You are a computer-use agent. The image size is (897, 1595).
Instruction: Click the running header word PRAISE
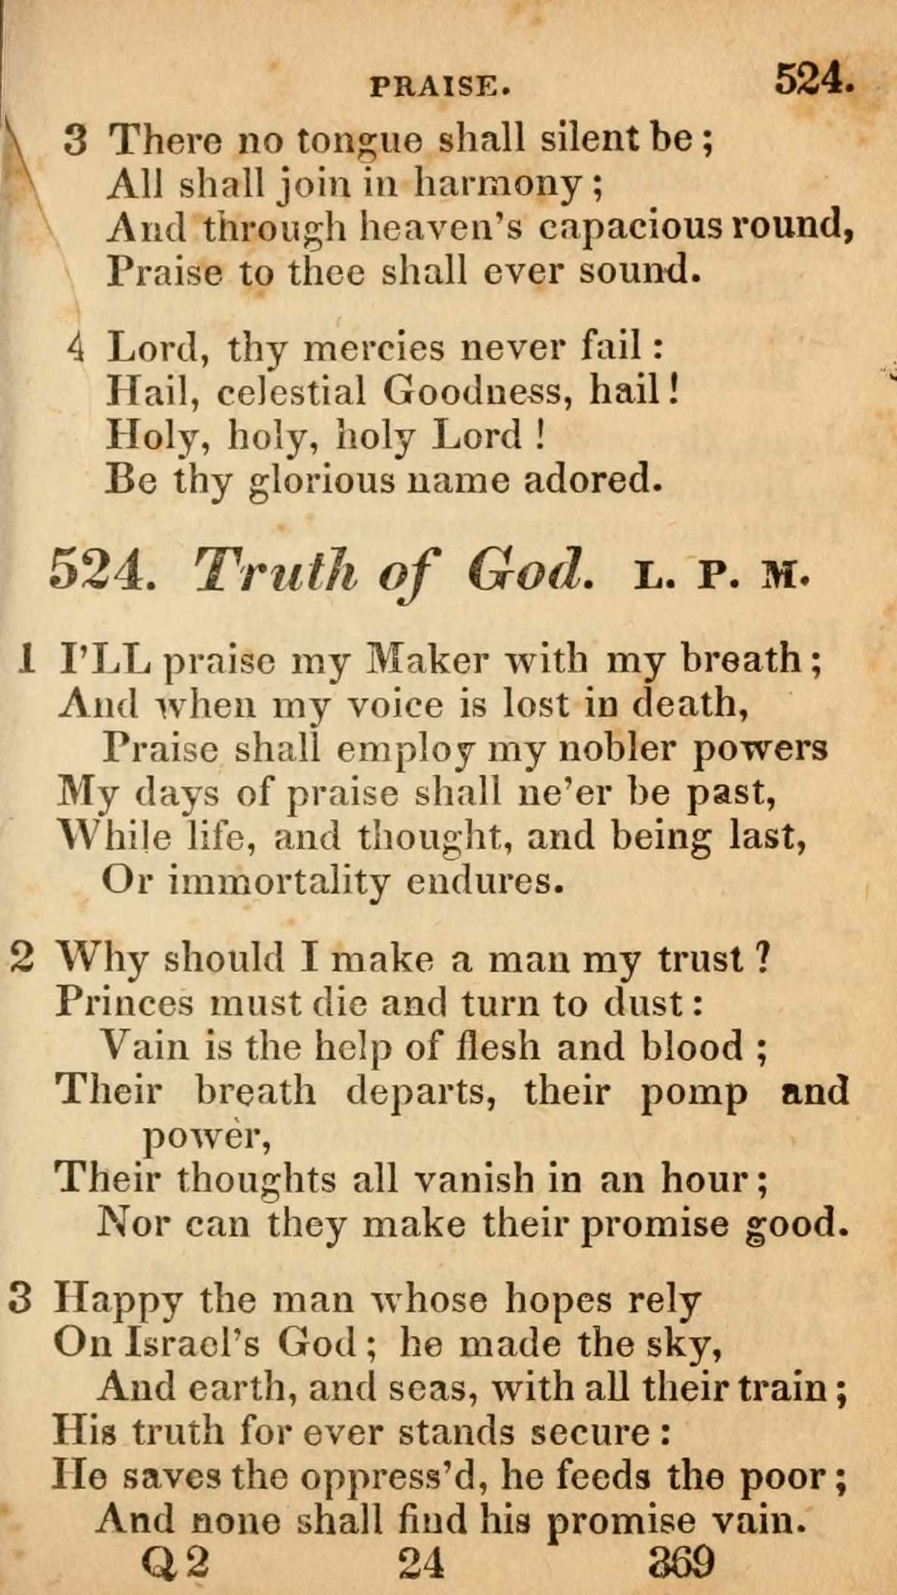pos(439,88)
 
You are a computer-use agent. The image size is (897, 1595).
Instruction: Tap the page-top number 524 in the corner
pos(813,78)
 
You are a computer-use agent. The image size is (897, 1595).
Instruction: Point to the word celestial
pos(291,391)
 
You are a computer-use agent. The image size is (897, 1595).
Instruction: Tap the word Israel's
pos(192,1343)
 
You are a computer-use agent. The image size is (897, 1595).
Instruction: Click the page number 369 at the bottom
pos(681,1562)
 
